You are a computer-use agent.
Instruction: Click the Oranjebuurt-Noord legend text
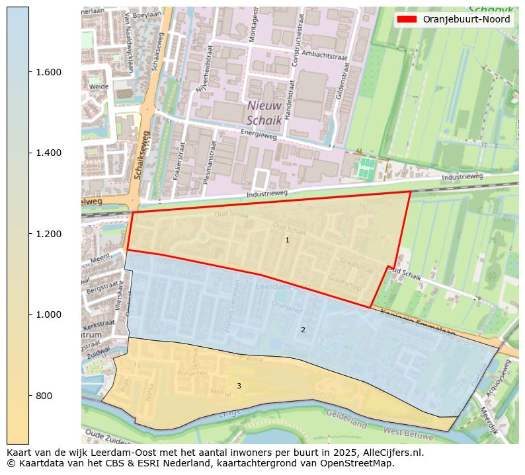pos(466,19)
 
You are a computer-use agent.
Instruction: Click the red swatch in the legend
pos(406,19)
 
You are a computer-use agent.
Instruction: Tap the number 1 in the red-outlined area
pos(287,240)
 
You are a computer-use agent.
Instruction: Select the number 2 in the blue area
pos(303,330)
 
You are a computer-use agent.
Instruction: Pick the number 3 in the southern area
pos(239,386)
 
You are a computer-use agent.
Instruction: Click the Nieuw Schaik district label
pos(264,113)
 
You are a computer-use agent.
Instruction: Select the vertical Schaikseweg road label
pos(141,155)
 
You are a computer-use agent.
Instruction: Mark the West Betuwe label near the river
pos(408,434)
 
